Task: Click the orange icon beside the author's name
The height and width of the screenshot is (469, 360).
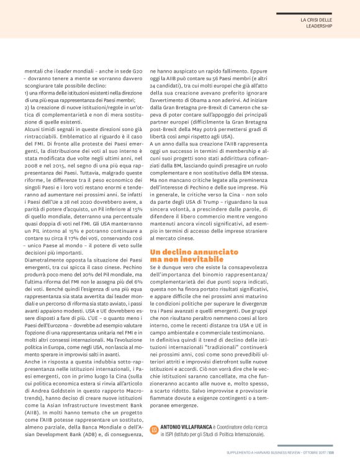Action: pos(154,429)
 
